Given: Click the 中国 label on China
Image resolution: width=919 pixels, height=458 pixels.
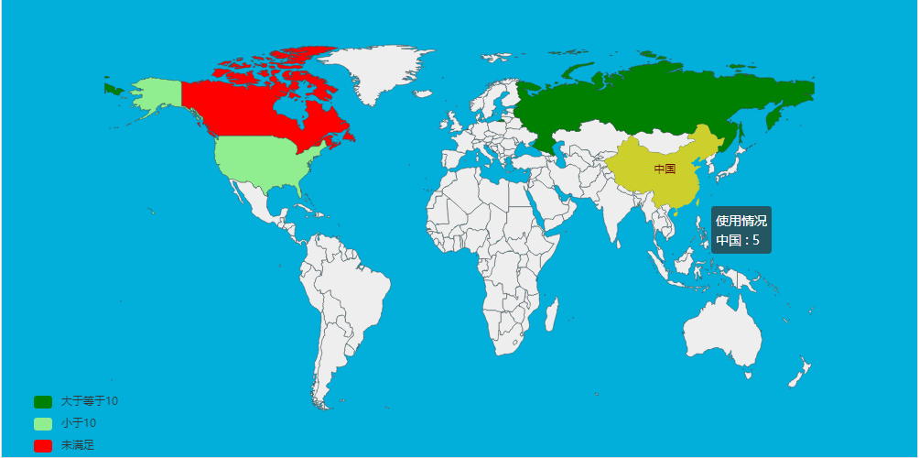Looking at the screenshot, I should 665,169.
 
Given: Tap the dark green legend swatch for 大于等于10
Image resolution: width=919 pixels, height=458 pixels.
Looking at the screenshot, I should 43,401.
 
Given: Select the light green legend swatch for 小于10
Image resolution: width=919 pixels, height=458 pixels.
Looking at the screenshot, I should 43,423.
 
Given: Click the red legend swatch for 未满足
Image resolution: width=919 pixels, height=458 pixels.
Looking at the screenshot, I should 43,445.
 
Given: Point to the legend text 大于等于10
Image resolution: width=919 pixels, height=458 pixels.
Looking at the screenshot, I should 89,401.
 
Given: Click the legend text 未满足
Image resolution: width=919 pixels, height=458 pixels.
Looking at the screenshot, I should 78,445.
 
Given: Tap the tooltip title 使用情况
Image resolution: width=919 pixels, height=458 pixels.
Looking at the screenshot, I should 741,221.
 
